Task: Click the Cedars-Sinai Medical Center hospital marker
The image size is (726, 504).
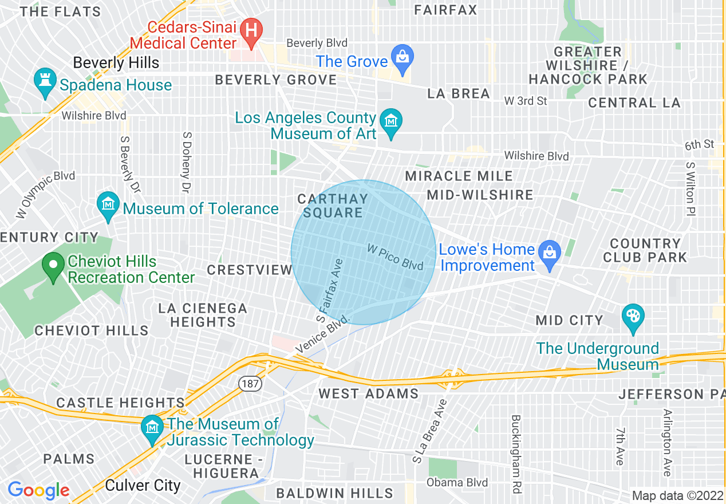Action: click(x=251, y=29)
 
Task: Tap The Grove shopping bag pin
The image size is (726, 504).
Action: click(x=403, y=59)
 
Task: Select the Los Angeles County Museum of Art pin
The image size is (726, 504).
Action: click(x=392, y=123)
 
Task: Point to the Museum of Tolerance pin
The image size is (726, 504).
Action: click(x=108, y=206)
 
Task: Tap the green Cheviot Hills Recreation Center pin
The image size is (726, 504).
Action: click(x=54, y=267)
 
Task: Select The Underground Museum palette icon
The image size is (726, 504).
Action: click(x=633, y=318)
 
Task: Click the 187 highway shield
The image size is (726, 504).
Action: click(x=250, y=383)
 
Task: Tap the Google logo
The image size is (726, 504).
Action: click(x=38, y=491)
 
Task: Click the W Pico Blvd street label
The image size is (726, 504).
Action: click(x=395, y=257)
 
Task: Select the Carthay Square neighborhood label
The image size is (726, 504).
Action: click(x=333, y=206)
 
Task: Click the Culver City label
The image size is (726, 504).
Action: click(x=143, y=486)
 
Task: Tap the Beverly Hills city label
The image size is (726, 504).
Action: click(x=116, y=62)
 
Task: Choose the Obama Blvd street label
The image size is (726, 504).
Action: click(x=457, y=483)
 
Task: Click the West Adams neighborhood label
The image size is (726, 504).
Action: click(x=369, y=393)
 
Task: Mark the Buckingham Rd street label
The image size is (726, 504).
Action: click(x=516, y=447)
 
